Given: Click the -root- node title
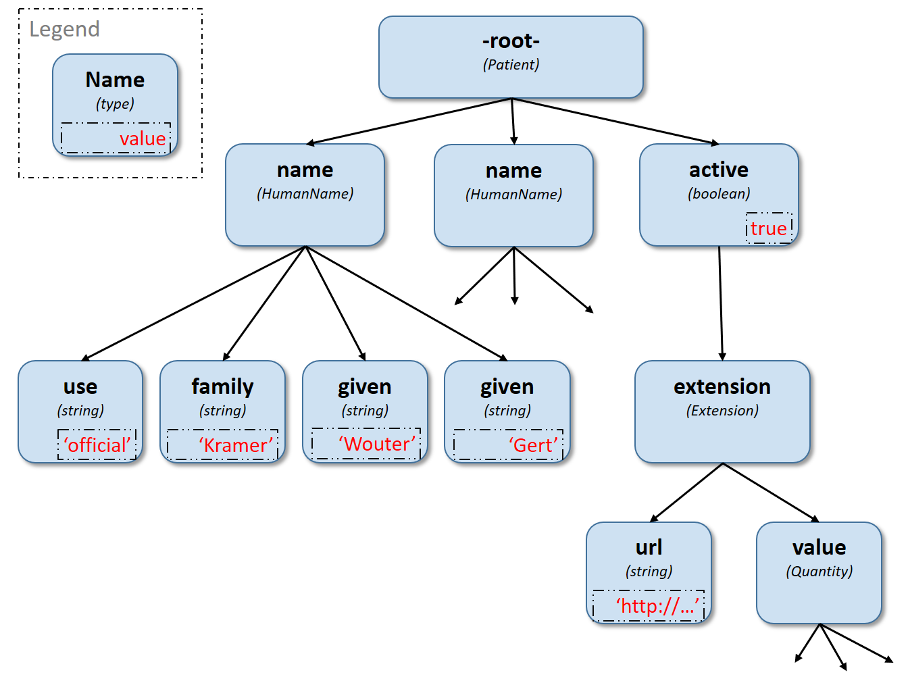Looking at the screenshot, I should click(x=511, y=41).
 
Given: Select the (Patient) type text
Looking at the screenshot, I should click(x=511, y=65).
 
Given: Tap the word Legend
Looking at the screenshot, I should click(x=65, y=30).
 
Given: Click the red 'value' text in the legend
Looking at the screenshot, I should click(x=143, y=138).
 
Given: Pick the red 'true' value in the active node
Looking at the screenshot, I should click(x=768, y=228).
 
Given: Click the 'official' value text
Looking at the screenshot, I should click(x=97, y=445).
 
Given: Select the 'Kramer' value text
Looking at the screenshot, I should click(x=236, y=445).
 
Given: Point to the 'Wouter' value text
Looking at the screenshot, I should click(x=377, y=444).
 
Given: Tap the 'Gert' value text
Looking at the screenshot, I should click(x=534, y=445).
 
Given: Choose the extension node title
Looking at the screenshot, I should click(x=722, y=386).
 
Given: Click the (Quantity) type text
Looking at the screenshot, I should click(x=819, y=572).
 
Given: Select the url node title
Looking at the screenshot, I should click(x=649, y=547).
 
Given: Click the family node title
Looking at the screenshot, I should click(x=222, y=386).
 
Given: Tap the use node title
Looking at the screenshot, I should click(x=80, y=386).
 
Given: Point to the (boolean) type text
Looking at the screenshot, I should click(x=719, y=194).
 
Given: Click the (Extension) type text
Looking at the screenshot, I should click(x=722, y=411).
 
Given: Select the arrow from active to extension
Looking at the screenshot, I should click(x=721, y=304).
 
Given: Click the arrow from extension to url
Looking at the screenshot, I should click(x=686, y=492).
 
